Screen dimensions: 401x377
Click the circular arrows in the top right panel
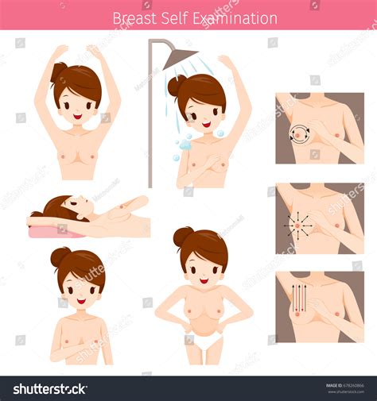point(301,133)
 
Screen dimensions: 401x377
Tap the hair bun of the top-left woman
point(60,73)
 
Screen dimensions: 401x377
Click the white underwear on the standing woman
point(208,341)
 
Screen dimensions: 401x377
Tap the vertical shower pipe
point(150,119)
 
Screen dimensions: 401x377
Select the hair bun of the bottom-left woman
point(60,256)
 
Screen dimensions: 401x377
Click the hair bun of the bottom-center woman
point(184,236)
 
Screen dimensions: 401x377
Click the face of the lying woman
point(76,208)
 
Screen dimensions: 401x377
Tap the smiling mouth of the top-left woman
point(77,117)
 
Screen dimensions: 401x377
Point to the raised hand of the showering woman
point(226,60)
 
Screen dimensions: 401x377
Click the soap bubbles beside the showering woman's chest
point(183,145)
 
